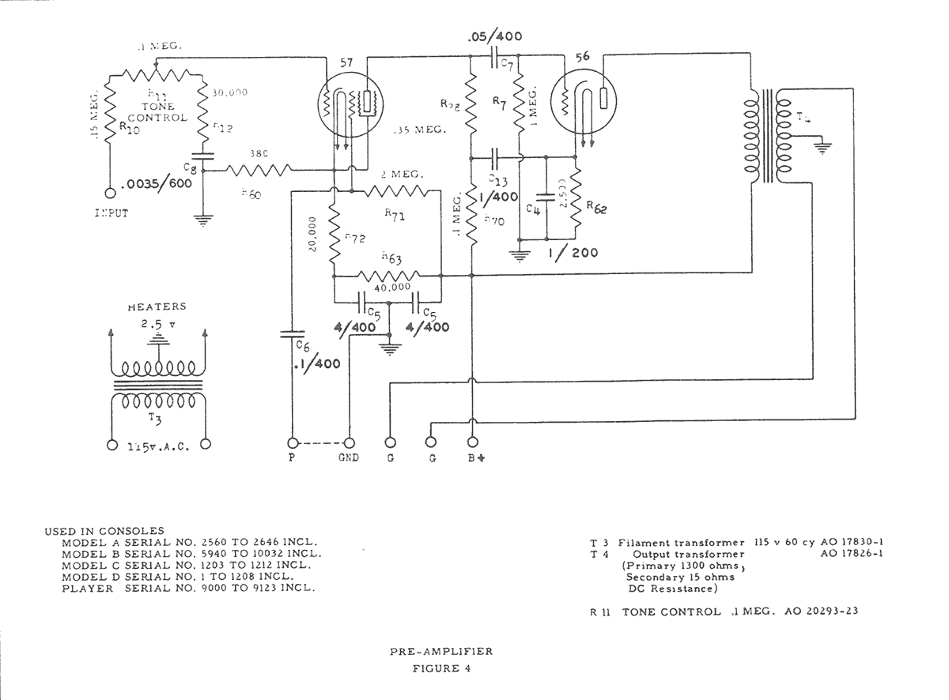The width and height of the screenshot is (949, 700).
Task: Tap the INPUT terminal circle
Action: tap(110, 192)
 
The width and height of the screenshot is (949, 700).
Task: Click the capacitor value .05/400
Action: tap(494, 37)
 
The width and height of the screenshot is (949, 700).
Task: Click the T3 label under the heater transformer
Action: tap(156, 419)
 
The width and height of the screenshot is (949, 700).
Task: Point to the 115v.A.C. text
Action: tap(157, 445)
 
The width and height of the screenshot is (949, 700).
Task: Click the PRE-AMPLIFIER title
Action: tap(440, 652)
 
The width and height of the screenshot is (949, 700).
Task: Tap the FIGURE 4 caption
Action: tap(441, 669)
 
